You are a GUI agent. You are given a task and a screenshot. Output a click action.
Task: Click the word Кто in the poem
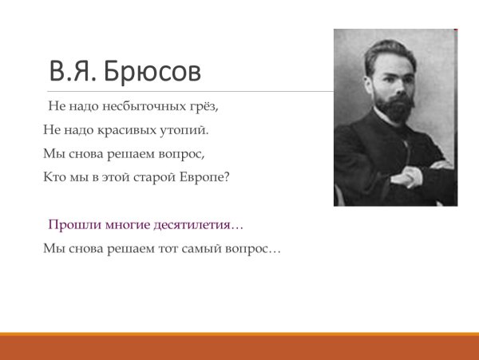tap(54, 176)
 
